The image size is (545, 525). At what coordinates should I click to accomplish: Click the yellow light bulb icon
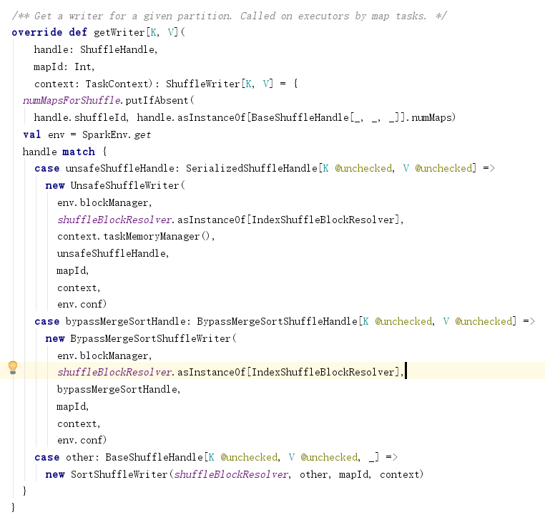tap(12, 368)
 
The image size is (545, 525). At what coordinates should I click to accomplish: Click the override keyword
tap(34, 33)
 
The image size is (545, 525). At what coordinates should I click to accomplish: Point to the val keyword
tap(31, 134)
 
